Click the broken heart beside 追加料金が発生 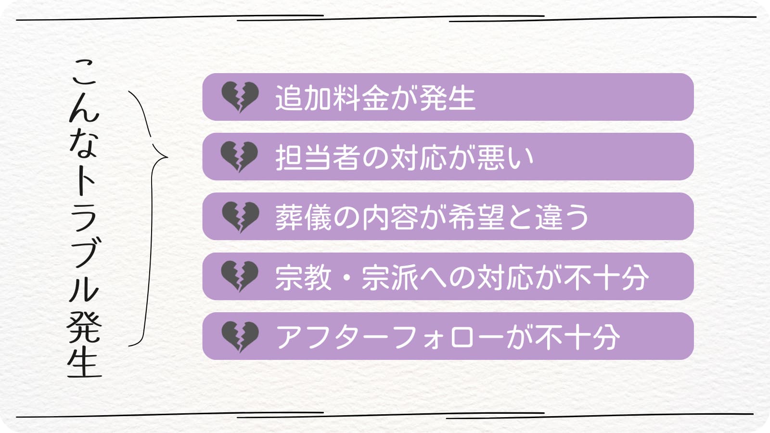pos(240,97)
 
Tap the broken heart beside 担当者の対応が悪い pos(240,156)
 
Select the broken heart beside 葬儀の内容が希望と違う pos(240,216)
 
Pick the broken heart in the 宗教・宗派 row pos(240,276)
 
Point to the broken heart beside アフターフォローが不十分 pos(240,336)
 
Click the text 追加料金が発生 pos(375,98)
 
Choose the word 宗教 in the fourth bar pos(303,277)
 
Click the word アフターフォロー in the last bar pos(390,337)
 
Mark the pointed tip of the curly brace pos(167,157)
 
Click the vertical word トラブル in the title pos(84,236)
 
